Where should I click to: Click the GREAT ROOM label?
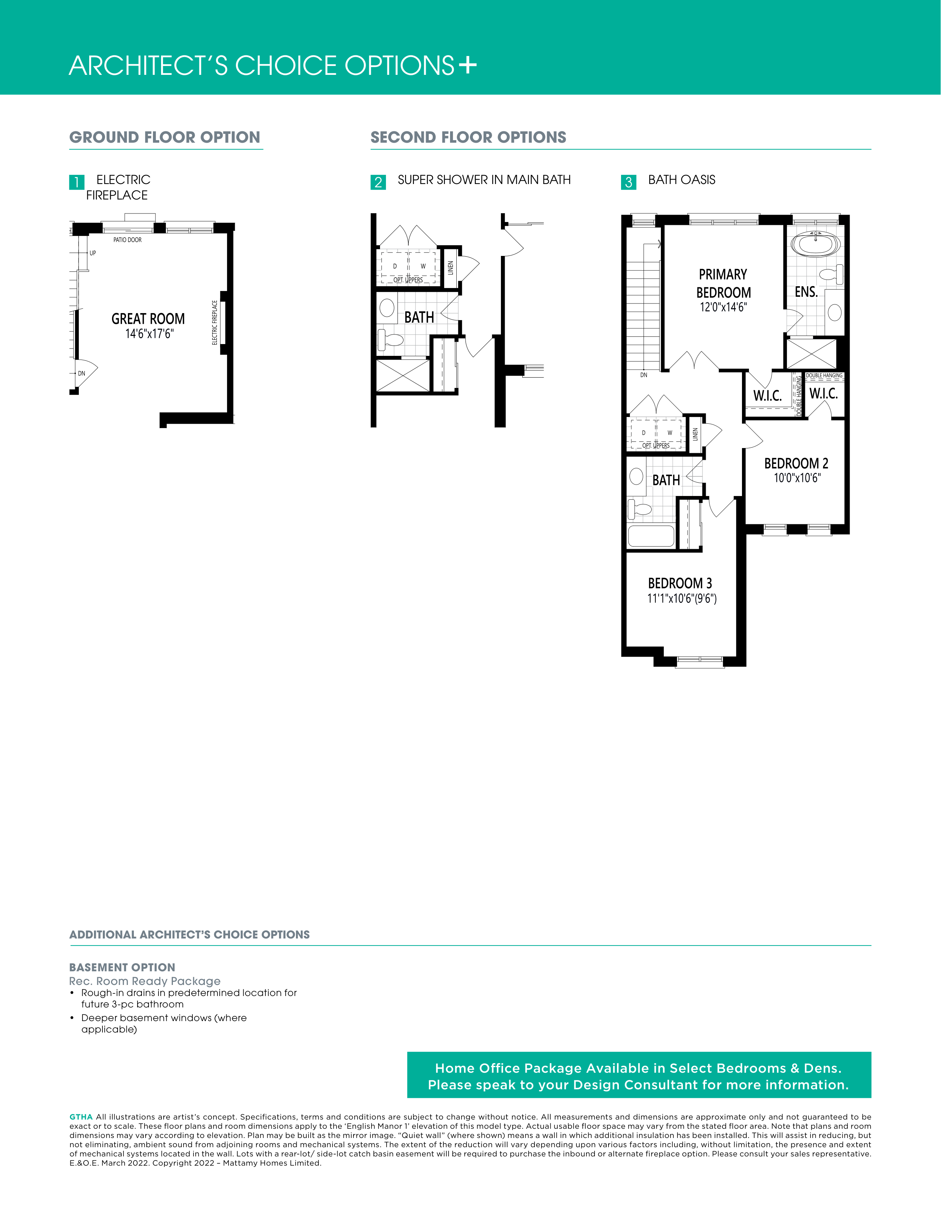[148, 319]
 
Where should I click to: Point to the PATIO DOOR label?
[128, 240]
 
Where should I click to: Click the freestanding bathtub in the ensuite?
[816, 244]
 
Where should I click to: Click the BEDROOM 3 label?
[680, 583]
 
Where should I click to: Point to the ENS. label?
[806, 292]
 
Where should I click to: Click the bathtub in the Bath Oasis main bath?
[651, 536]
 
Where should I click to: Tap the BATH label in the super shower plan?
[419, 317]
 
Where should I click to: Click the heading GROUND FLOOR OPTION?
[165, 137]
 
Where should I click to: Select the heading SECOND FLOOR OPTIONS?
[468, 137]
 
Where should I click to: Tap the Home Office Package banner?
[639, 1075]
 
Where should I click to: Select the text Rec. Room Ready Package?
[145, 981]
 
